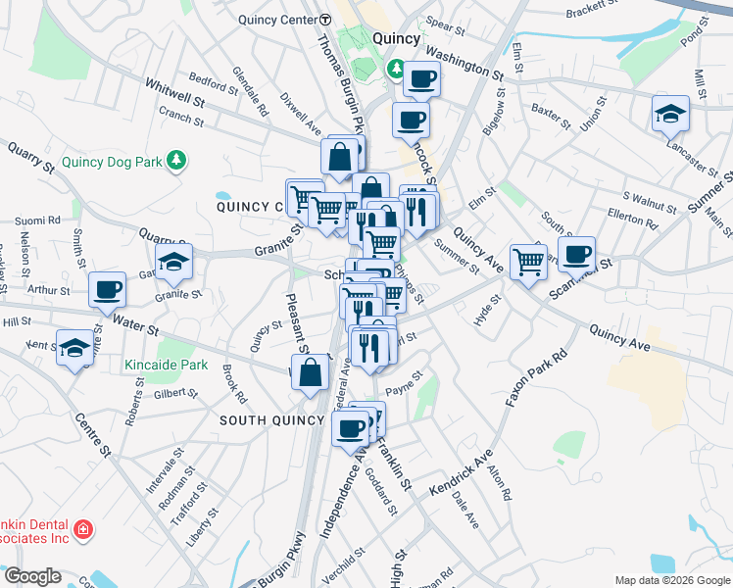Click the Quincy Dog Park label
coord(110,162)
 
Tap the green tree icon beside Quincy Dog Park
coord(176,160)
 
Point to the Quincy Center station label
coord(276,19)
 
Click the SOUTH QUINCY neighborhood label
coord(271,419)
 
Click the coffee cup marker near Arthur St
coord(108,289)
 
